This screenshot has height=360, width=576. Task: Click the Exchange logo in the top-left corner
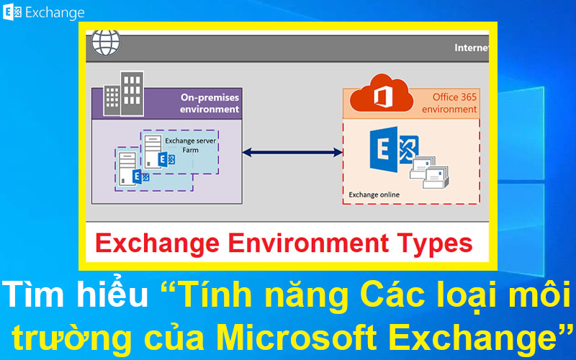(13, 12)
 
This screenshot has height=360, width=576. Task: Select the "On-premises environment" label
(210, 103)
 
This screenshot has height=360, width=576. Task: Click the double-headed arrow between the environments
(292, 152)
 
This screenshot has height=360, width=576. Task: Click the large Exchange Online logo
(392, 151)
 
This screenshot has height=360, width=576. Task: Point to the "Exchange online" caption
(374, 194)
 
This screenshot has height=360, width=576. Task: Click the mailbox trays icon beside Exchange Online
(431, 171)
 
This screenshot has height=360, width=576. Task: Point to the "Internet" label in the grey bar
(472, 48)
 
